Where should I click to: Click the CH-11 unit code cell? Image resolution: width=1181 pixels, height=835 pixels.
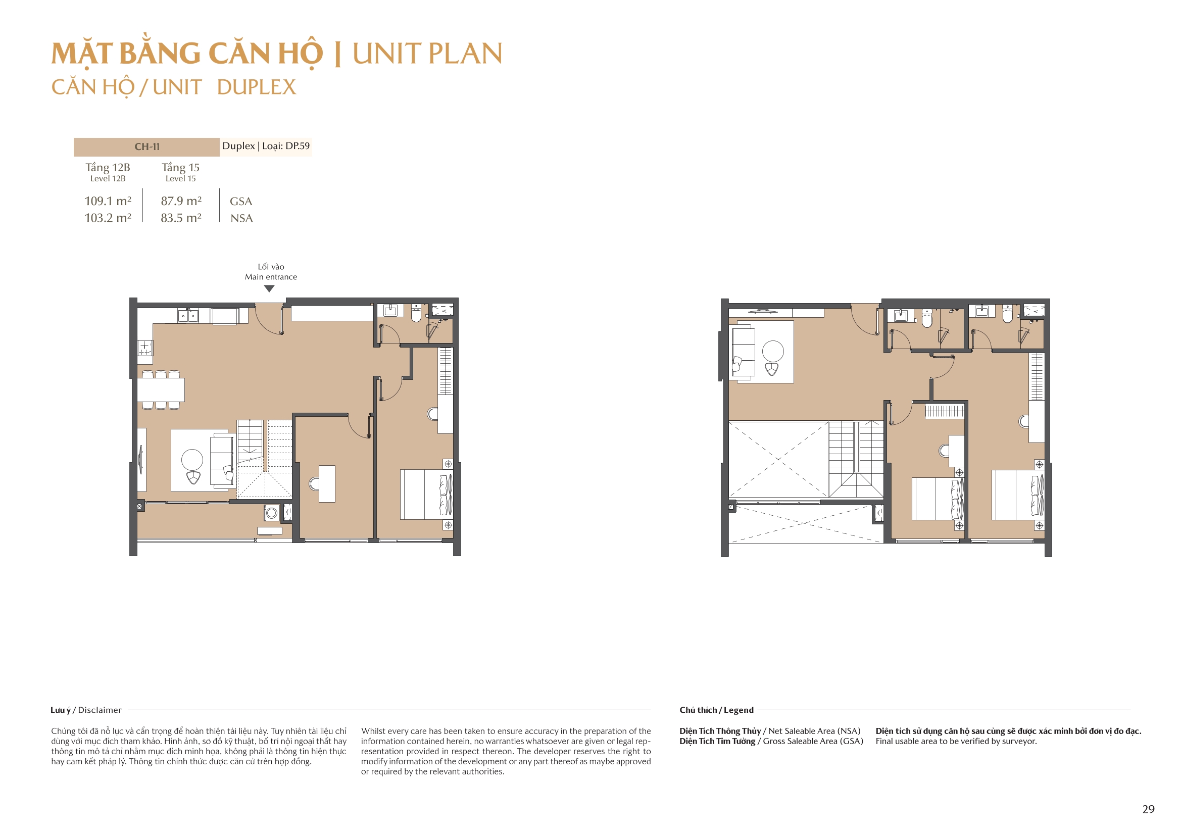(x=146, y=146)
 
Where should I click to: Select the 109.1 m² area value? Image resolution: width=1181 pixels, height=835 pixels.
(x=108, y=201)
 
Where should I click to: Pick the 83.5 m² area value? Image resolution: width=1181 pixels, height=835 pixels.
(x=181, y=218)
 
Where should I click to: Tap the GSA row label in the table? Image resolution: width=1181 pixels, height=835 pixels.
(x=241, y=202)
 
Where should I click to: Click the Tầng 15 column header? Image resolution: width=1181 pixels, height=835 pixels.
(x=180, y=168)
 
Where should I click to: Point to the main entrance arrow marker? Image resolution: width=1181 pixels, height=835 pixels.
(x=269, y=289)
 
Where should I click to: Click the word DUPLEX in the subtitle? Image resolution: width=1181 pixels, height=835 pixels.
(x=256, y=87)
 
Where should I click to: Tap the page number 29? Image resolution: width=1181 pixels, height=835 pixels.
(x=1148, y=809)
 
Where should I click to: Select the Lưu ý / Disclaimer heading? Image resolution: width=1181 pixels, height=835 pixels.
(x=86, y=710)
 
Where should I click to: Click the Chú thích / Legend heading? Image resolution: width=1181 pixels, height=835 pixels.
(x=716, y=710)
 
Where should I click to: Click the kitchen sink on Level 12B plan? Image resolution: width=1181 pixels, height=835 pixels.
(x=188, y=315)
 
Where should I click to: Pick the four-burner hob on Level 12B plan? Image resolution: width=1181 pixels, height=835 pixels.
(x=145, y=349)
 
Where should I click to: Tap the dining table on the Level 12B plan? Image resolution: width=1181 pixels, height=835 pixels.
(x=161, y=389)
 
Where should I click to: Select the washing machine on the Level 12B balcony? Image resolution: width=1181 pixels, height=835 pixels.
(x=272, y=513)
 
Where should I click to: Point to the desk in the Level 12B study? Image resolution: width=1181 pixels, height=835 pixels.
(x=327, y=483)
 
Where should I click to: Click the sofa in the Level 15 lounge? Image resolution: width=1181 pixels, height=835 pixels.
(x=743, y=353)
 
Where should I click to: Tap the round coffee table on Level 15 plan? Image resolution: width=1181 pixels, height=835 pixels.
(x=772, y=352)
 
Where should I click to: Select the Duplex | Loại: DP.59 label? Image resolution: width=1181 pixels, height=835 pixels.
(x=266, y=146)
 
